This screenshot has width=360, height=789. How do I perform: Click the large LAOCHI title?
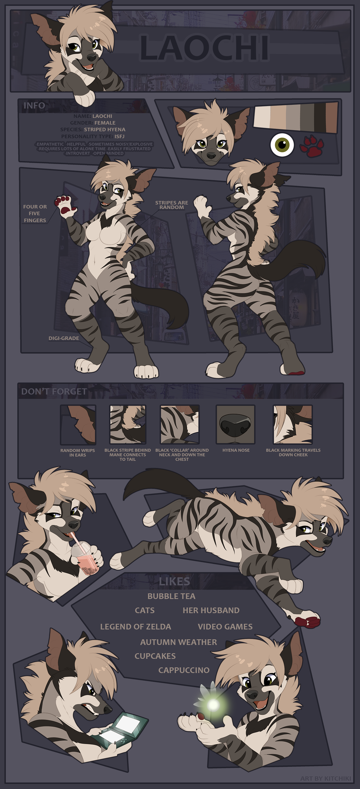(x=204, y=48)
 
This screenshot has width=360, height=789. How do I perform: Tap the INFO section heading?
(x=34, y=106)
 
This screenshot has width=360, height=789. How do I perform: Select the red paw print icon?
(x=312, y=146)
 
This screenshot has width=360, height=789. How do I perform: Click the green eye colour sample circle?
(x=282, y=145)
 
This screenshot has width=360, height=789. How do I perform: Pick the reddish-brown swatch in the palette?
(x=331, y=118)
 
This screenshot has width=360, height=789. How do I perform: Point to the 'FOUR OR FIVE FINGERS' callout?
(x=35, y=214)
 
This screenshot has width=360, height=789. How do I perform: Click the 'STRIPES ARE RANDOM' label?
(x=171, y=205)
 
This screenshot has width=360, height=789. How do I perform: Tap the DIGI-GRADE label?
(x=64, y=338)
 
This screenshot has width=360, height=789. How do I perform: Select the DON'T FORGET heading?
(x=54, y=392)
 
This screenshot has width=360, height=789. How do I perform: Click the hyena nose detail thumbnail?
(x=235, y=424)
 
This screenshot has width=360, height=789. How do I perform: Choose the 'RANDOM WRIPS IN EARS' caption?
(x=77, y=453)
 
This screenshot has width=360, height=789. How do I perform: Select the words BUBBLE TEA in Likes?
(x=171, y=596)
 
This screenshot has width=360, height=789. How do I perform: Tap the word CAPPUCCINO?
(x=184, y=670)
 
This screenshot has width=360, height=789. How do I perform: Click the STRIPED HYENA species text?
(x=105, y=130)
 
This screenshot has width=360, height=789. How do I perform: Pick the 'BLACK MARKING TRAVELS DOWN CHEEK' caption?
(x=293, y=452)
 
